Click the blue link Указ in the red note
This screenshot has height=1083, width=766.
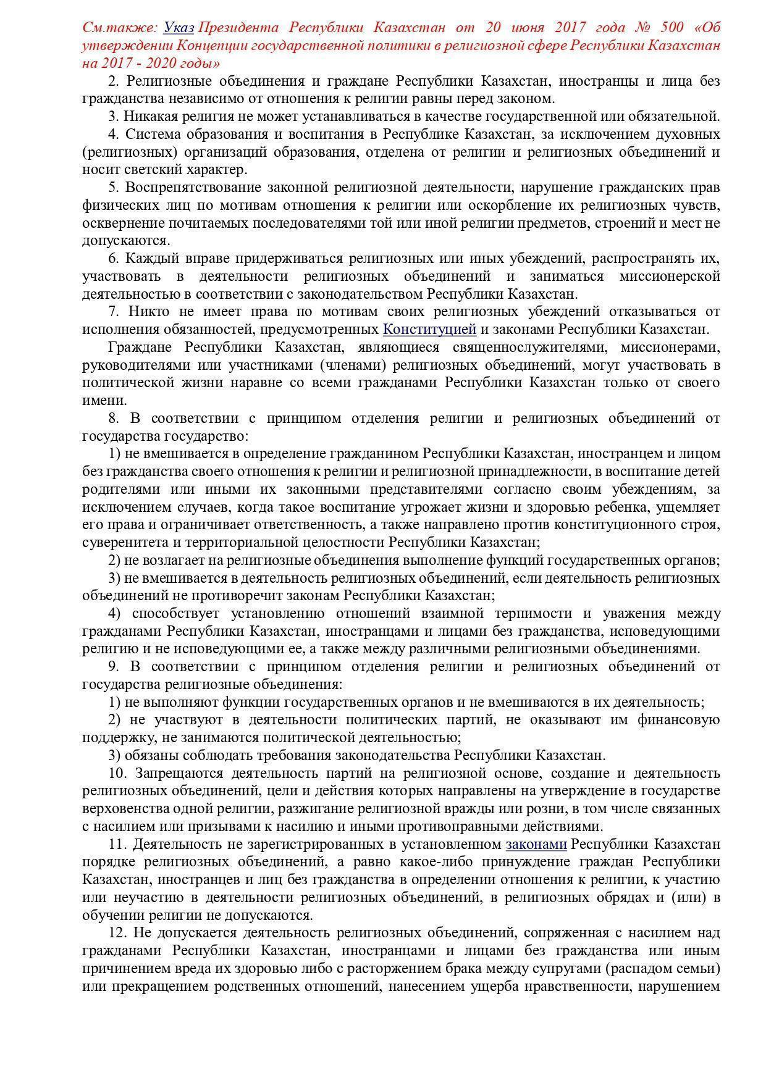[179, 28]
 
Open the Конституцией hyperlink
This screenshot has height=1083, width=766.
[429, 329]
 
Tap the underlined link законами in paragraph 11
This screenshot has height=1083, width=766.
[536, 844]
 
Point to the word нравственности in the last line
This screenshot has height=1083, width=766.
[573, 986]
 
